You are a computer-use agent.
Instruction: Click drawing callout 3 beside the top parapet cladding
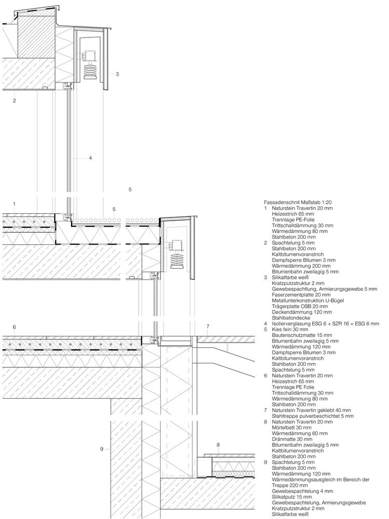click(118, 74)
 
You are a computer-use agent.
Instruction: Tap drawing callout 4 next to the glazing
click(90, 158)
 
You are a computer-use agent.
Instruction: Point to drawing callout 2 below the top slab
click(15, 101)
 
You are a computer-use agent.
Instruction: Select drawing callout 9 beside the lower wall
click(102, 448)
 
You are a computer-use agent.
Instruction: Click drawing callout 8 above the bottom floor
click(219, 445)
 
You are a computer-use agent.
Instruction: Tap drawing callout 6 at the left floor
click(15, 327)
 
